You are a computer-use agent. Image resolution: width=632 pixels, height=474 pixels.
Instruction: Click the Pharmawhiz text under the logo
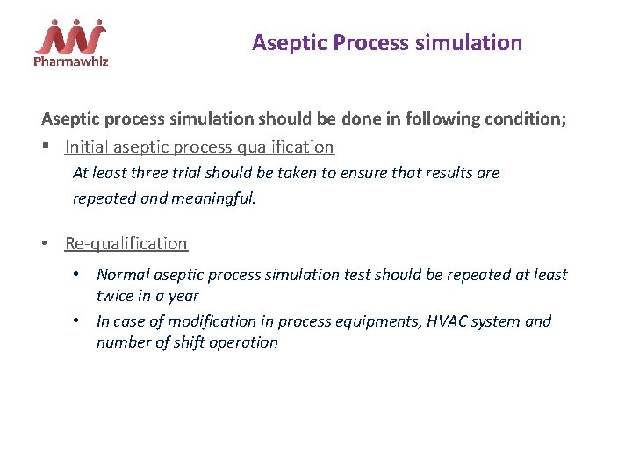pos(70,62)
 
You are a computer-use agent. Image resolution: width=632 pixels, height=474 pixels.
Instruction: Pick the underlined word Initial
pos(87,147)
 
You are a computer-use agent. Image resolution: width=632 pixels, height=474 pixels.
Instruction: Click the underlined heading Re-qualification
pos(126,243)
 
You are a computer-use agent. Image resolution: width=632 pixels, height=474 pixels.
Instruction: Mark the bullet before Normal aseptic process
pos(76,275)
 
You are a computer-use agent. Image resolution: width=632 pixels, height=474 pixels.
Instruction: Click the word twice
pos(116,297)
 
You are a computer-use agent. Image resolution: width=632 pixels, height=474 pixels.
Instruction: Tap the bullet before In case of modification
pos(76,321)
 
